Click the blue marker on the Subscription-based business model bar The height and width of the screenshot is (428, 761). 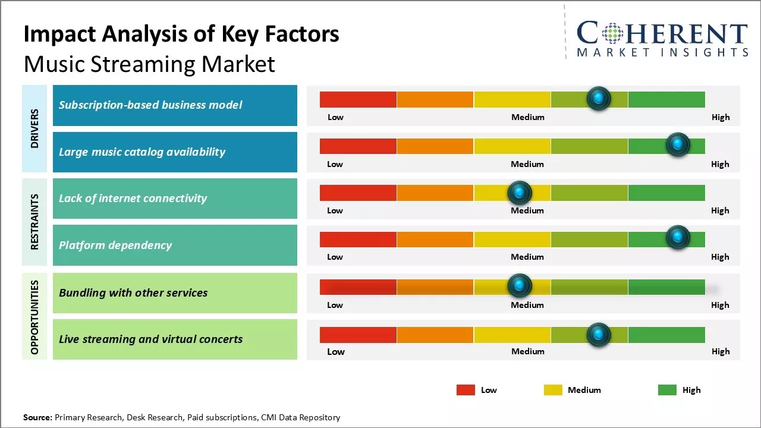598,98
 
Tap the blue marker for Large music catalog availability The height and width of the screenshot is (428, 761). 677,144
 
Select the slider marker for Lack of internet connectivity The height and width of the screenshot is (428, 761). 519,192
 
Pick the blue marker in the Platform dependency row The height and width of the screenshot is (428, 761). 677,237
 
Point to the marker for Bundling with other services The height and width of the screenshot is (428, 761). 519,286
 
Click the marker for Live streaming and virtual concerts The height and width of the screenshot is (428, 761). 598,335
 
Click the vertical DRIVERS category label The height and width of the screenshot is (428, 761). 34,128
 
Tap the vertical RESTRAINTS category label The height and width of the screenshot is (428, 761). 34,222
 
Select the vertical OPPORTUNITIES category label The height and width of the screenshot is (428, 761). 34,317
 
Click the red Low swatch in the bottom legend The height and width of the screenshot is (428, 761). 466,390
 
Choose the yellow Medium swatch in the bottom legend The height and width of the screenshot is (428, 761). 553,390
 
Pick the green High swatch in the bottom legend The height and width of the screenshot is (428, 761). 667,390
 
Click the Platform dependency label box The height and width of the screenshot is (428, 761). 175,245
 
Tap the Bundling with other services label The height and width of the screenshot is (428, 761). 133,292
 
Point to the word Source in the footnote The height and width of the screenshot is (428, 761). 37,417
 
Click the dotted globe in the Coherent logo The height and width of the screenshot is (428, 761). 612,34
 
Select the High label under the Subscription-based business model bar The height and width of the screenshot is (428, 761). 721,117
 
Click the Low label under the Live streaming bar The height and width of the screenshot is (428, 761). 336,351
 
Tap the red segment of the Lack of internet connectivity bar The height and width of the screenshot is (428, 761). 358,193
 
